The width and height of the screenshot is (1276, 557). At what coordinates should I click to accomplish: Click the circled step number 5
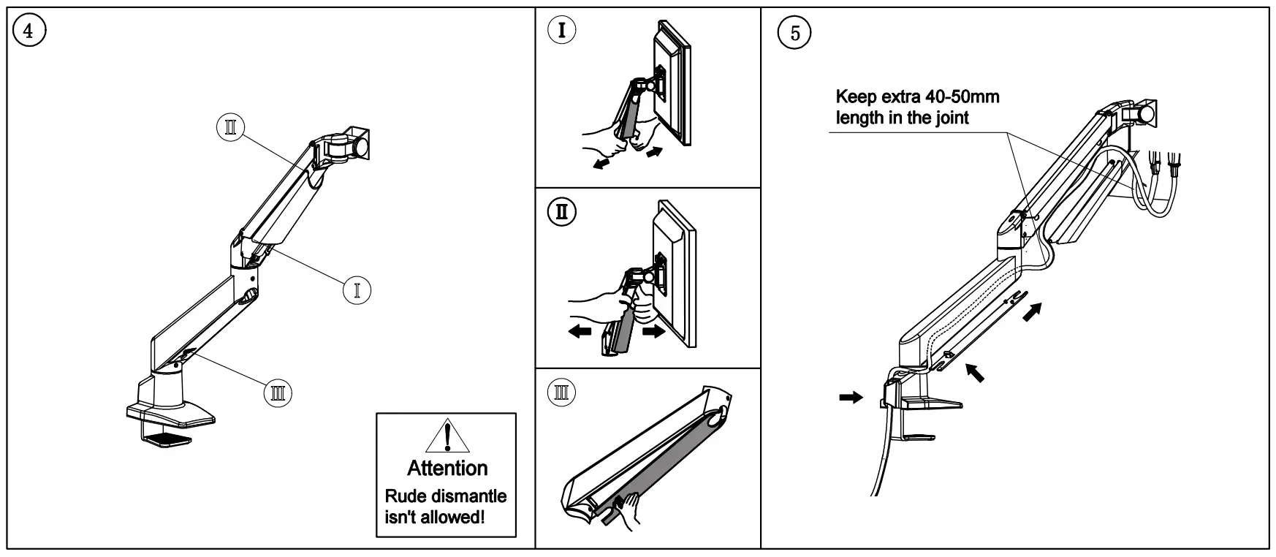(795, 34)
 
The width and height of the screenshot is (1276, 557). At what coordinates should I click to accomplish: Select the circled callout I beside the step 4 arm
(357, 290)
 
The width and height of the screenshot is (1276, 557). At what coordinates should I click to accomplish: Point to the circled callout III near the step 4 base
(278, 393)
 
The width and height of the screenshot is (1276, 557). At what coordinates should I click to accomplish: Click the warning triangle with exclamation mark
(446, 437)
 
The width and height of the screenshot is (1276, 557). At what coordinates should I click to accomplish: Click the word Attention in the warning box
(447, 468)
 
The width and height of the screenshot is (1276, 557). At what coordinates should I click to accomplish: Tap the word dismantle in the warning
(468, 496)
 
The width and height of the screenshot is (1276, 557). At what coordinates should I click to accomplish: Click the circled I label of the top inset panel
(562, 31)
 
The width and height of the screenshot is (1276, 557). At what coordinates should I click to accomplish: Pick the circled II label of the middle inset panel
(562, 212)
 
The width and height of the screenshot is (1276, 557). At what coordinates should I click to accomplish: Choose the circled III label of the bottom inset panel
(562, 393)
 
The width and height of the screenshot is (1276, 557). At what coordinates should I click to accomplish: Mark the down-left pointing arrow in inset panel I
(601, 163)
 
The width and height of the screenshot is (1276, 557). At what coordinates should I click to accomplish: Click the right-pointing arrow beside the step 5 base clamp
(851, 398)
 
